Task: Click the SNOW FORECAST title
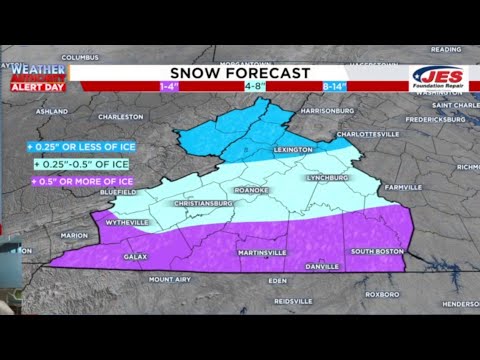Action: [238, 73]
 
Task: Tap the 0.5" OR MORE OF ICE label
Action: [69, 181]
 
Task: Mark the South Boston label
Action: [375, 250]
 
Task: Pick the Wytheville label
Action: [127, 221]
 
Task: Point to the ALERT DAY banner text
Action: [37, 87]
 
